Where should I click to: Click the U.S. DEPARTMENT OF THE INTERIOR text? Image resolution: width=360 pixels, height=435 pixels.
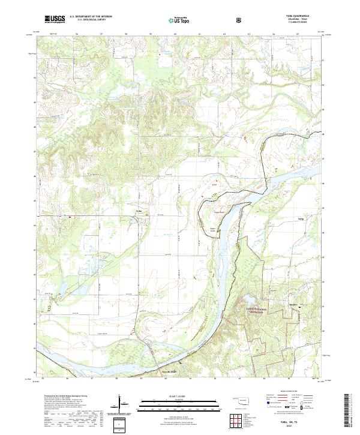(91, 16)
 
